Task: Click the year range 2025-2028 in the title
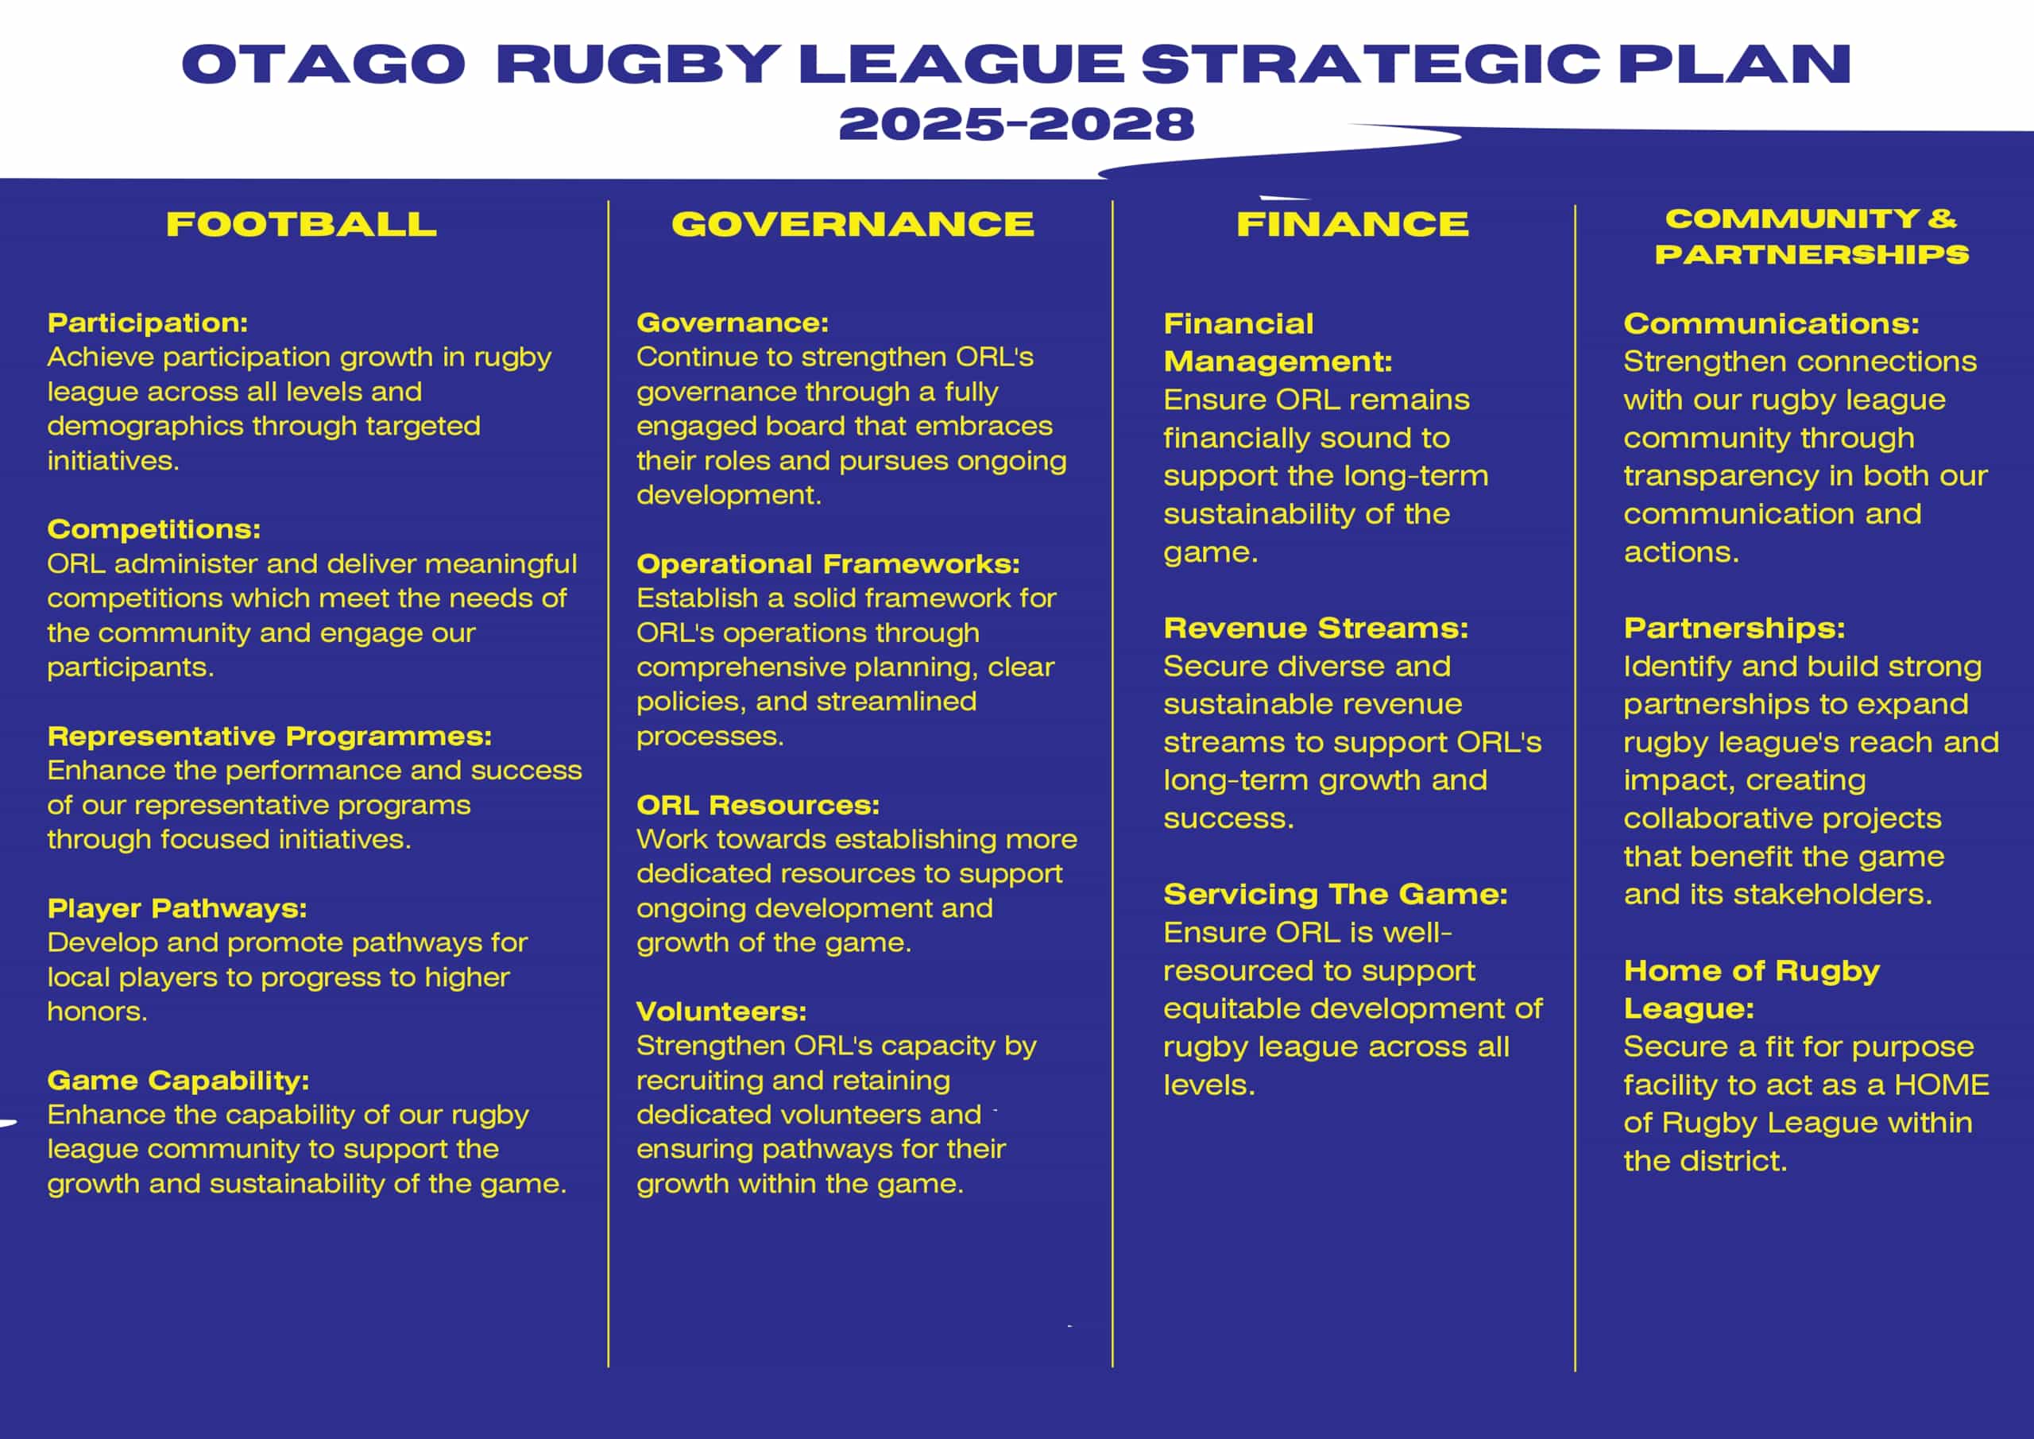click(1016, 123)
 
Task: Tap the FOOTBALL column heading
click(301, 224)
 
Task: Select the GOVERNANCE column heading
click(853, 224)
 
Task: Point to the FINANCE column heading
click(1351, 224)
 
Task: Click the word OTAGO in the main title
click(323, 64)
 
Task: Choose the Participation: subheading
click(148, 323)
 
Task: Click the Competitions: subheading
click(154, 529)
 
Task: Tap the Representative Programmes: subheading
click(269, 737)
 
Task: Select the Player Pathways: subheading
click(177, 908)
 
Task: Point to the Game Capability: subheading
click(178, 1080)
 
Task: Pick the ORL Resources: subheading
click(758, 805)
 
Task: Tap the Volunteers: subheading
click(721, 1011)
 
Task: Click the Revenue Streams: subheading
click(1316, 629)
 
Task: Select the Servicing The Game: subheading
click(1335, 894)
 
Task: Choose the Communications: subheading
click(1771, 323)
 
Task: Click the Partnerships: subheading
click(1734, 629)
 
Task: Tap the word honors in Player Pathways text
click(98, 1011)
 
